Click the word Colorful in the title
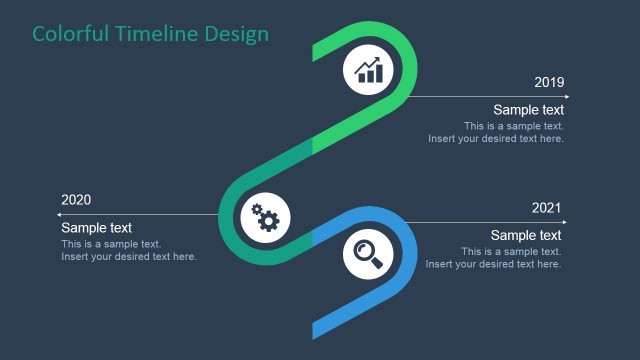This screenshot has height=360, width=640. pos(69,34)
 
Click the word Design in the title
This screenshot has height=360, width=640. pos(236,34)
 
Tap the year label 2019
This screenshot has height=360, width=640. pos(549,82)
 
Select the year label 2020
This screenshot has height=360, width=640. pos(76,200)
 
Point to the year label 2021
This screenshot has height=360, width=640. pos(546,208)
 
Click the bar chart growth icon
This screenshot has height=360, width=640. pos(368,70)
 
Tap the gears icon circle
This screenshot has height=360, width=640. pos(266,216)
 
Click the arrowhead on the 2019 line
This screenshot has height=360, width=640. pos(566,97)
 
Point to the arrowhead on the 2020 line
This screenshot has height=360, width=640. pos(60,215)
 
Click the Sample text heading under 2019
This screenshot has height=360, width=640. pos(528,110)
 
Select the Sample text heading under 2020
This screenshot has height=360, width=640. pos(96,228)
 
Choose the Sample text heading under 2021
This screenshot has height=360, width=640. pos(526,236)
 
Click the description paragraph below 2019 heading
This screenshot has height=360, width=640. pos(496,133)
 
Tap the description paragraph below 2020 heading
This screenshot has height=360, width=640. pos(129,251)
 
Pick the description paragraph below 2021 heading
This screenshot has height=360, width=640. pos(494,258)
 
